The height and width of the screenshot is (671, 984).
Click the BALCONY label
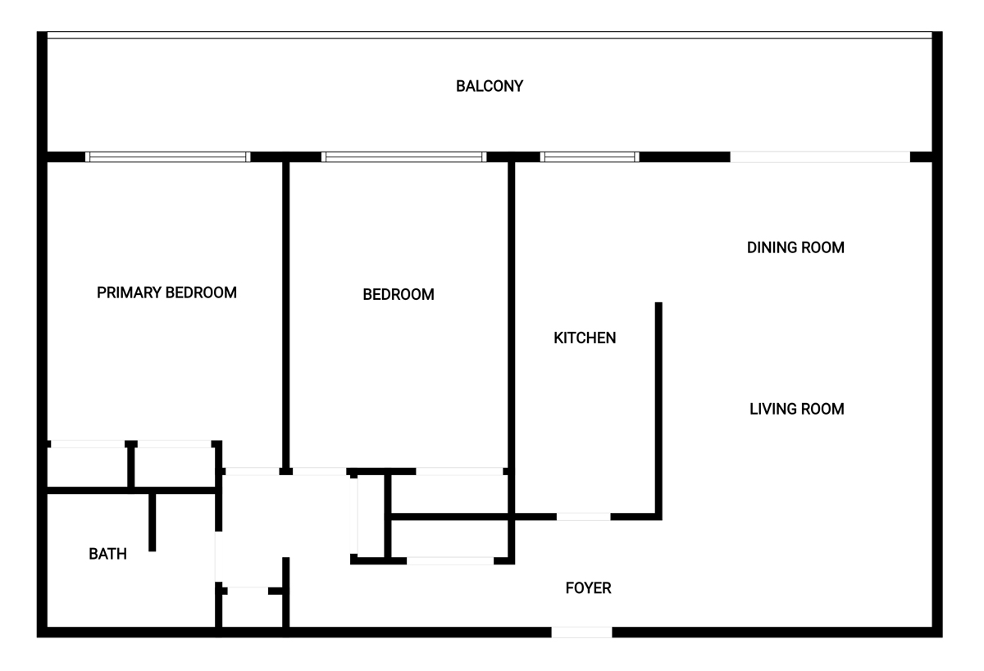click(x=490, y=86)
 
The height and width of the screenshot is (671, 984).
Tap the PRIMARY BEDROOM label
click(x=166, y=292)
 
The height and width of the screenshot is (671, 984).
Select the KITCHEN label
click(x=585, y=338)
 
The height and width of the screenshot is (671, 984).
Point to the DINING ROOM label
click(x=795, y=247)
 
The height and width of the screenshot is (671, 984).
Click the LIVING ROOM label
click(x=797, y=409)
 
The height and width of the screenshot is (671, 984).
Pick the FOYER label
click(x=588, y=588)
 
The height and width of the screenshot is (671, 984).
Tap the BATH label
click(x=107, y=554)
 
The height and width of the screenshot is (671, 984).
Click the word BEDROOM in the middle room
click(x=399, y=294)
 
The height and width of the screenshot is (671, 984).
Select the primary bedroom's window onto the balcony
click(x=168, y=156)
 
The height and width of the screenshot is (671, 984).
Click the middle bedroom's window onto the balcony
click(x=403, y=156)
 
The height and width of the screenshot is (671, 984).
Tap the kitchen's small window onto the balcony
click(x=590, y=156)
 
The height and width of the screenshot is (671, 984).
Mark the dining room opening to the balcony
click(x=820, y=156)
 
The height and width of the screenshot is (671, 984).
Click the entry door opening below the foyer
click(x=581, y=632)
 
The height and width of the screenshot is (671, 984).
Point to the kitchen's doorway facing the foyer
click(x=583, y=517)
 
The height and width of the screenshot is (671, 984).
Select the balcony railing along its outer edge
click(x=490, y=35)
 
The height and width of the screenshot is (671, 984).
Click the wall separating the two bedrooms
click(x=285, y=316)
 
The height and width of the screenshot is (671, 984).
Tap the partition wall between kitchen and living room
click(x=658, y=410)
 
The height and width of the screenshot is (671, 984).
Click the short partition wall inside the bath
click(x=152, y=522)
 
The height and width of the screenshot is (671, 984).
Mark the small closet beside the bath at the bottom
click(x=252, y=609)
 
